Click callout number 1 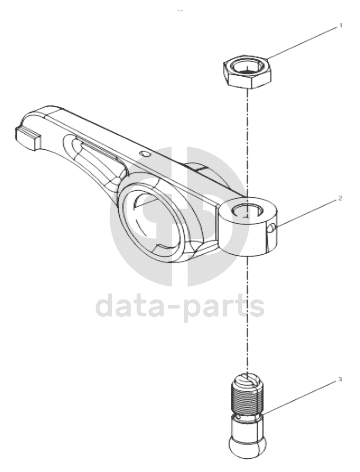point(341,26)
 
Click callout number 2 point(340,199)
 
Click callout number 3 point(340,380)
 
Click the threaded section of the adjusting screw point(247,397)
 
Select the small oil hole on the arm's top point(145,154)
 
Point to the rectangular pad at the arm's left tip point(26,137)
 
